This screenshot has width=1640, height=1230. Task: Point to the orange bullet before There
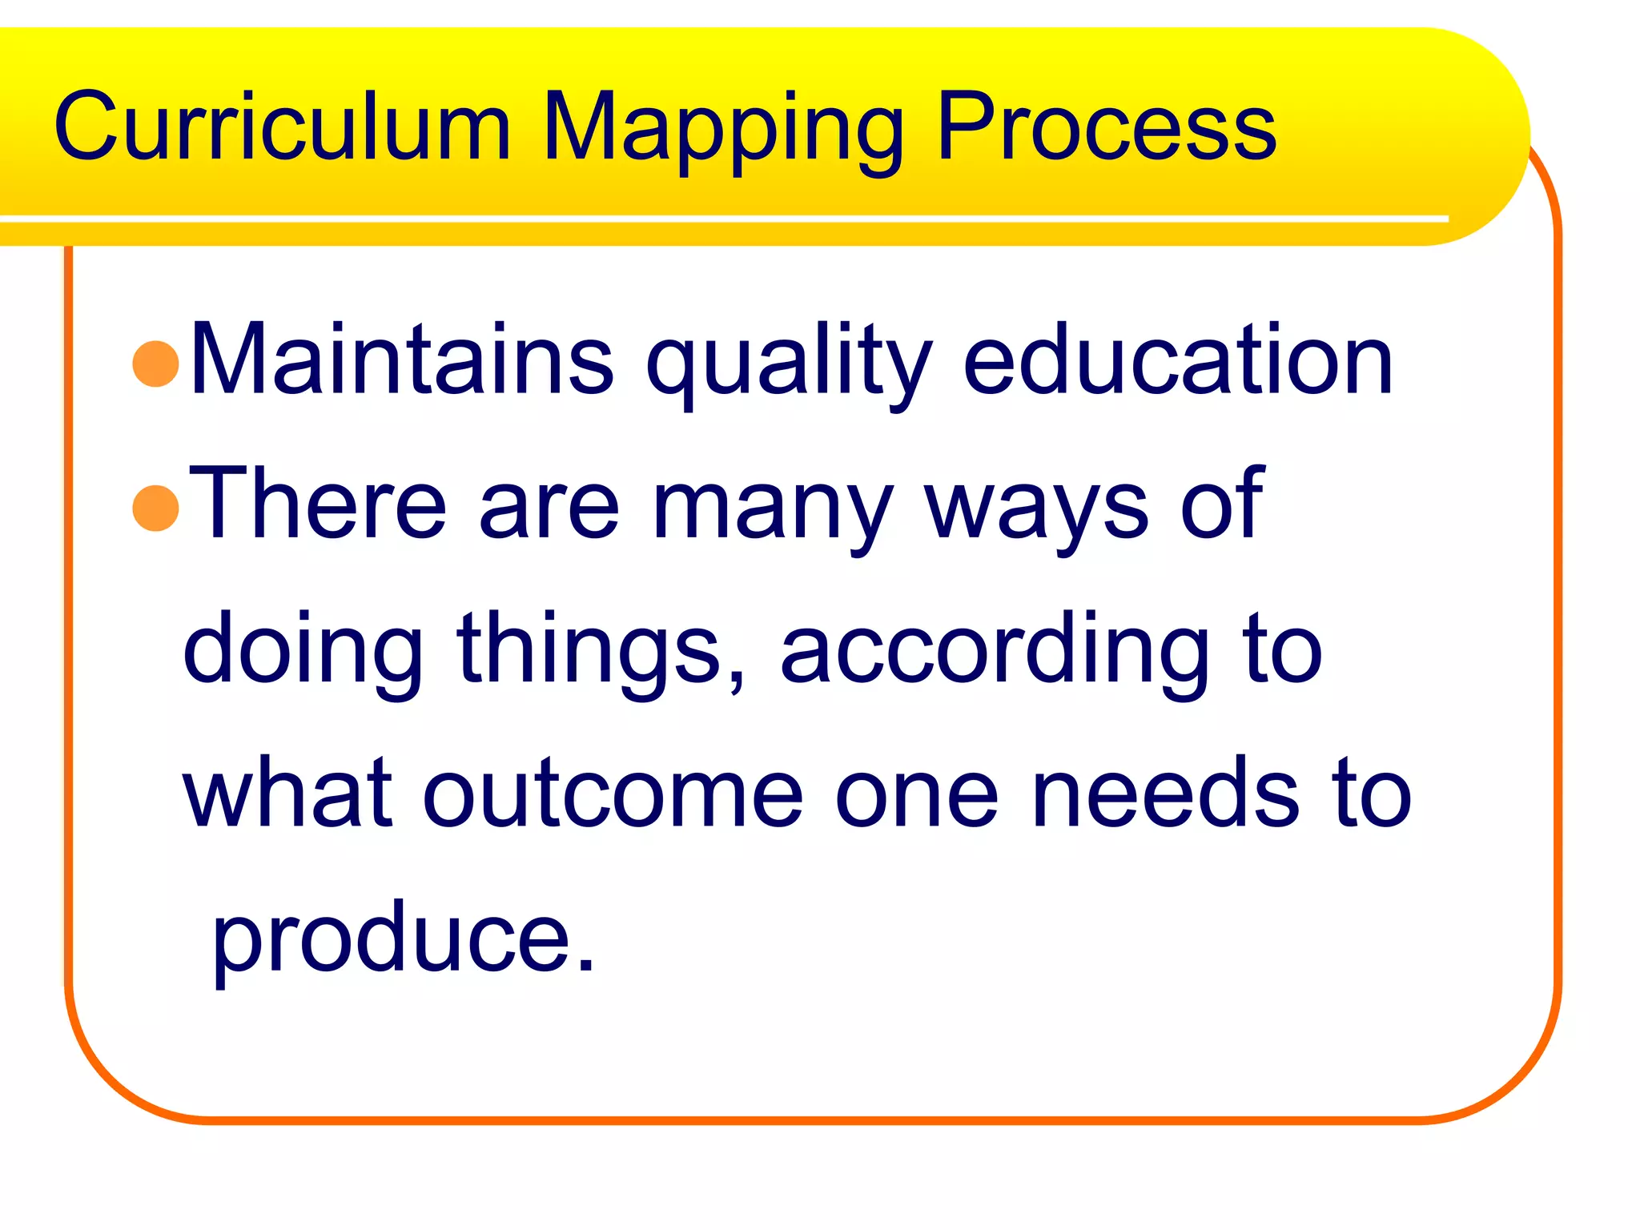tap(155, 508)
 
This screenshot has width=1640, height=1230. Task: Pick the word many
tap(772, 508)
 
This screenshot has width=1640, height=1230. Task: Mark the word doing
tap(303, 650)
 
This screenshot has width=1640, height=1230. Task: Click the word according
tap(994, 650)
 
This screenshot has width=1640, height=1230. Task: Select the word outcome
tap(613, 794)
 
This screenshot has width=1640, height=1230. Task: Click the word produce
tap(403, 939)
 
